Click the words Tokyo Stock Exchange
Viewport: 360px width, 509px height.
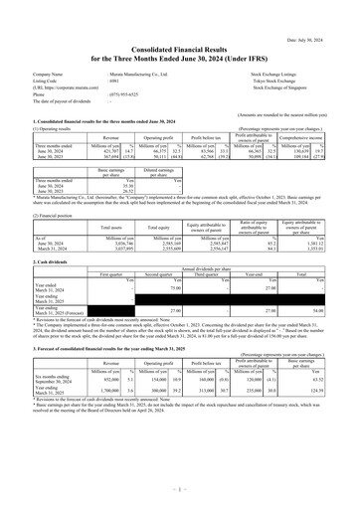point(302,81)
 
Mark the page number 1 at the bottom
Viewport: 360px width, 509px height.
point(179,489)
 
